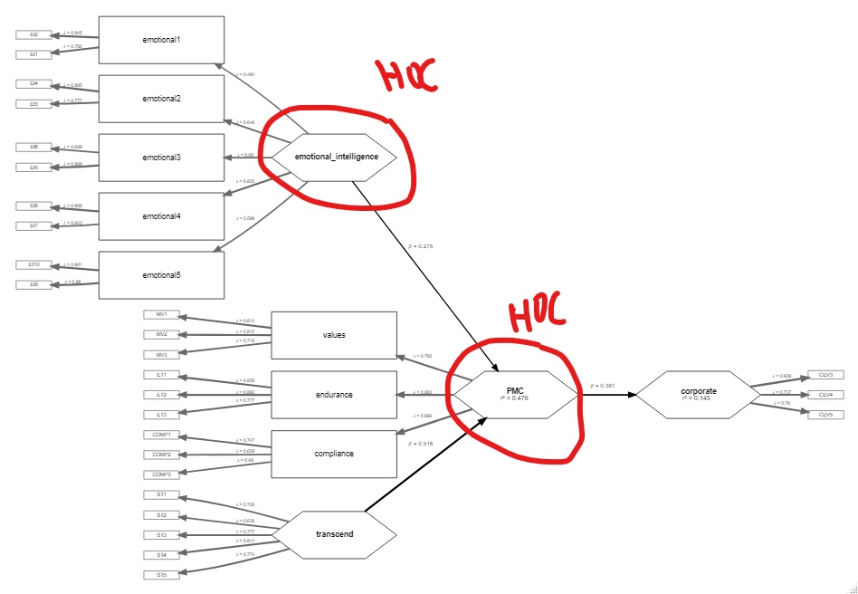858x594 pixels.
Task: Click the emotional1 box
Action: [x=160, y=40]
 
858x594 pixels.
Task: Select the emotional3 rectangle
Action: [x=160, y=158]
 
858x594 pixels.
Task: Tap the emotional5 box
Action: [x=160, y=274]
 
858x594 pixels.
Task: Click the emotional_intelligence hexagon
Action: [x=336, y=158]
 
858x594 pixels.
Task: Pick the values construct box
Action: [x=334, y=335]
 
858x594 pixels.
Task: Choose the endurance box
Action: [x=334, y=395]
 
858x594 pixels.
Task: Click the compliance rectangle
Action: [x=334, y=454]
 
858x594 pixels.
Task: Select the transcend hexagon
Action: [x=336, y=533]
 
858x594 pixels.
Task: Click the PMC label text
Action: [x=515, y=389]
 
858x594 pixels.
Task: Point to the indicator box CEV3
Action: [x=825, y=374]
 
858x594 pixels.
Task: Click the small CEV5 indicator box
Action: [x=825, y=414]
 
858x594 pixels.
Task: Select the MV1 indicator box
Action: [x=162, y=315]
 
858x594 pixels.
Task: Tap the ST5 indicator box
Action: [x=162, y=575]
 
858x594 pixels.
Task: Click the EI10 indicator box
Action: [x=33, y=265]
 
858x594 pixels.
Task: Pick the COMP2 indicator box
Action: [x=162, y=455]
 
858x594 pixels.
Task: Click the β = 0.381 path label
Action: [x=604, y=385]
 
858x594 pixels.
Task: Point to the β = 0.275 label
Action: [x=422, y=245]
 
